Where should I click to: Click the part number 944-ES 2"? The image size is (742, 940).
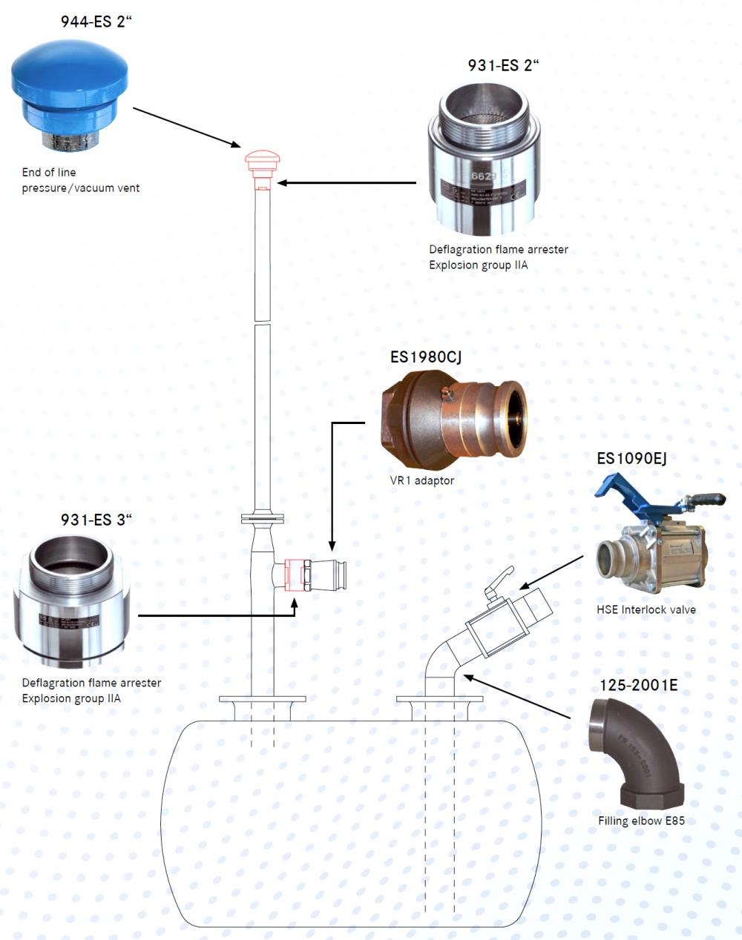click(96, 21)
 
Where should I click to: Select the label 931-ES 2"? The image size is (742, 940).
click(503, 65)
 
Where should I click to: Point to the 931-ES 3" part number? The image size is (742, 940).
click(96, 520)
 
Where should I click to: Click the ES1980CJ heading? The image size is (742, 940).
click(426, 357)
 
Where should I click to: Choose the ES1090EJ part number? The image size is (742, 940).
click(631, 458)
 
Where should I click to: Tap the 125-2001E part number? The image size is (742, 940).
click(638, 685)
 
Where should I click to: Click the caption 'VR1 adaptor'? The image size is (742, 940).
click(422, 480)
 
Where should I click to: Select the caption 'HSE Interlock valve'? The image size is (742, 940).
click(646, 609)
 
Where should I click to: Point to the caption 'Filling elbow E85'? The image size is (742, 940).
click(641, 821)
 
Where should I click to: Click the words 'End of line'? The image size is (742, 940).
click(49, 172)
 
